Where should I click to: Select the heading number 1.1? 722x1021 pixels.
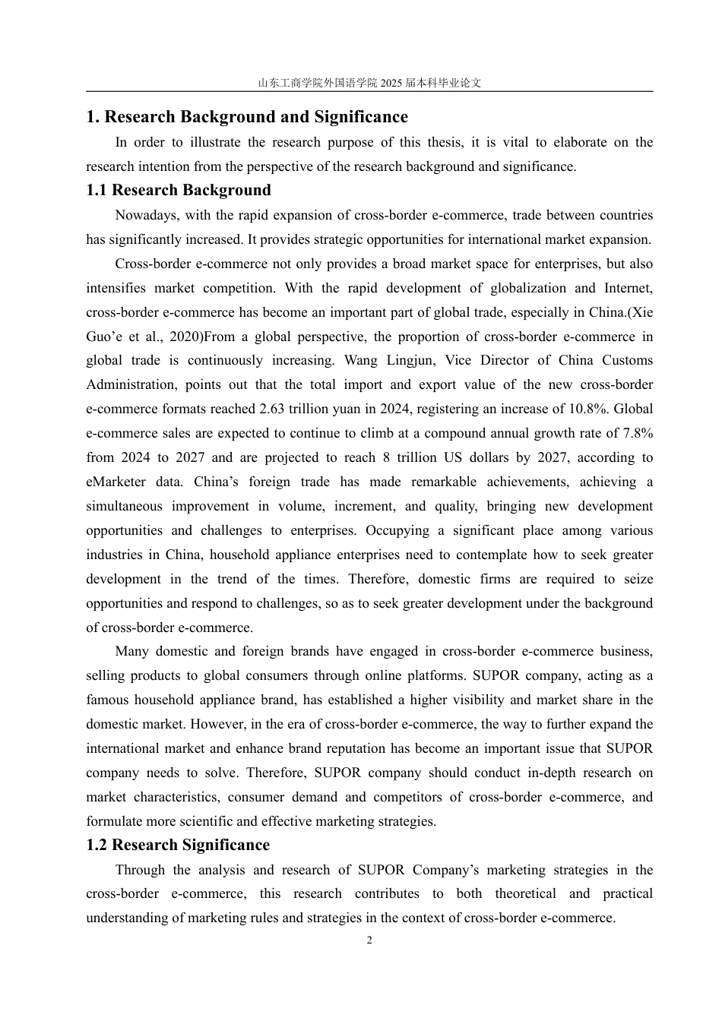pyautogui.click(x=97, y=191)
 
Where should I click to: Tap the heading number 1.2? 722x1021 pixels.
pyautogui.click(x=97, y=846)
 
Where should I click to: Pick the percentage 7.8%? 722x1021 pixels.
pyautogui.click(x=638, y=434)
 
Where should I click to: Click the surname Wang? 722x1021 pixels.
pyautogui.click(x=362, y=361)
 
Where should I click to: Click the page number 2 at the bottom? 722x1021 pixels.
pyautogui.click(x=369, y=940)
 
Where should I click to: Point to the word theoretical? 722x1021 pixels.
pyautogui.click(x=525, y=894)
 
